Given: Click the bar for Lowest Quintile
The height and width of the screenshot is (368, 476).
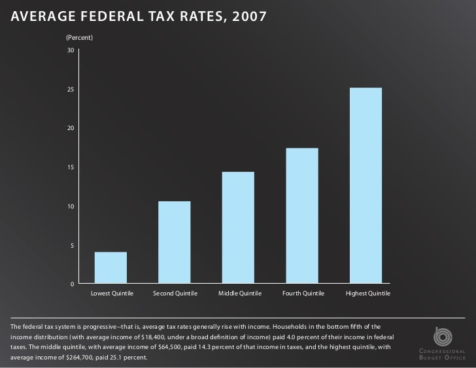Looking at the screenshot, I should point(110,267).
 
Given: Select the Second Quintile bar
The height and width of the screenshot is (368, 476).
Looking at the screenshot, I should point(174,242).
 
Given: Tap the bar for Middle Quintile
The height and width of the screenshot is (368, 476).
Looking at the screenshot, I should point(238,227).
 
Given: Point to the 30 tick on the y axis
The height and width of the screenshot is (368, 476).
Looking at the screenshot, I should point(70,50).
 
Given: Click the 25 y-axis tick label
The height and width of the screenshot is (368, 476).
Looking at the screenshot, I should point(70,90).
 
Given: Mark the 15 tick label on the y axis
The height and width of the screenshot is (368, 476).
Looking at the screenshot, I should point(70,167).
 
